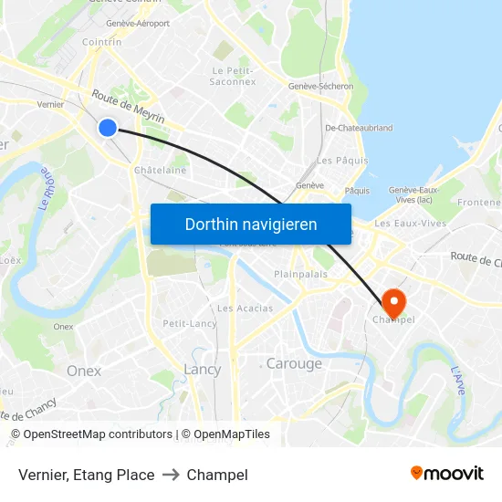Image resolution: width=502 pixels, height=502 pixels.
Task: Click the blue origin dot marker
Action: click(x=108, y=128)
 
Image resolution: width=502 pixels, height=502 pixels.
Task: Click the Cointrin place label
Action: click(x=101, y=42)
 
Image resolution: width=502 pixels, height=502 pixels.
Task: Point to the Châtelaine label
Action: click(x=160, y=170)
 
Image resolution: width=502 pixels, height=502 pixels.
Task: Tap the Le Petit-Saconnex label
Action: click(x=233, y=76)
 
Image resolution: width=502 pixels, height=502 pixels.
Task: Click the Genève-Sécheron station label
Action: click(x=320, y=87)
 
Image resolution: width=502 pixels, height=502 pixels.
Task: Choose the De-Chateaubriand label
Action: click(x=359, y=129)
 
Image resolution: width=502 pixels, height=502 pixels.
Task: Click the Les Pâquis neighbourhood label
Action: click(x=342, y=161)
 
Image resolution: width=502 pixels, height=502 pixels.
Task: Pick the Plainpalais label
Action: click(x=300, y=274)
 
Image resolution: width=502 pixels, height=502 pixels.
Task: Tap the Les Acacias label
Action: click(x=245, y=309)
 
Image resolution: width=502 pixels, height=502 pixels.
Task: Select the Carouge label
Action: click(x=294, y=364)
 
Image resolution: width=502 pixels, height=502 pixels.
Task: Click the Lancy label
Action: click(x=203, y=370)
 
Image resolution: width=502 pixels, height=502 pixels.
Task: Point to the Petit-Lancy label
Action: click(x=190, y=324)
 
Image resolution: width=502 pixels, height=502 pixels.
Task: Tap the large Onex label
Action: click(x=84, y=371)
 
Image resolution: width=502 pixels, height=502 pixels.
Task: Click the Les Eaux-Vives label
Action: click(x=410, y=223)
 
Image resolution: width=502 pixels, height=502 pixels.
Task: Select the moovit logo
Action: click(x=446, y=473)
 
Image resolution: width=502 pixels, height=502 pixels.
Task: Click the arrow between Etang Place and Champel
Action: click(x=171, y=475)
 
